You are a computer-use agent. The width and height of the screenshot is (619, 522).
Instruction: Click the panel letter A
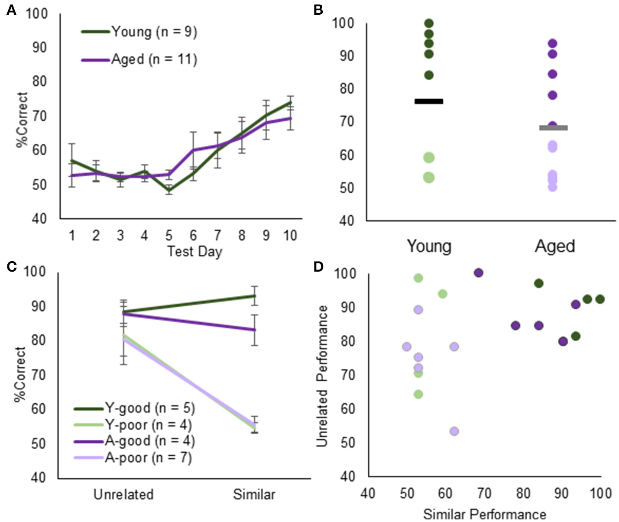(12, 10)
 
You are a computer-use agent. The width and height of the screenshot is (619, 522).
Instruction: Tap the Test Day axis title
(194, 251)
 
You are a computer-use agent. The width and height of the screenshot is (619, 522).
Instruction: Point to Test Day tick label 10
(290, 235)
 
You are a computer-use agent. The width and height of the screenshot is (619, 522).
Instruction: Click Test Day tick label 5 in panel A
(169, 235)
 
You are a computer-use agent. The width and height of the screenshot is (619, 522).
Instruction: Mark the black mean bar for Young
(429, 101)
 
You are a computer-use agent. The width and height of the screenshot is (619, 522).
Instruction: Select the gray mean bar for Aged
(553, 128)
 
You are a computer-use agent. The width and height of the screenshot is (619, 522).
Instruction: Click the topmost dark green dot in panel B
(429, 23)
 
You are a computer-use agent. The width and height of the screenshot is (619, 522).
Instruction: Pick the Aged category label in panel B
(555, 246)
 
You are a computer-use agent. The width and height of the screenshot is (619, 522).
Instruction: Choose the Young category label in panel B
(429, 246)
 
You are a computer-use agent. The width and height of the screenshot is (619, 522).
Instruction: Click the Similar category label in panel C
(254, 494)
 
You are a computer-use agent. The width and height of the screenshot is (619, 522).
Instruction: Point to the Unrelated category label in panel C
(123, 494)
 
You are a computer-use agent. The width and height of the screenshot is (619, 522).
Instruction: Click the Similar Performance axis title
(484, 515)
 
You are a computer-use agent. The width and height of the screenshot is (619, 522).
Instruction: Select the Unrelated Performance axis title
(321, 376)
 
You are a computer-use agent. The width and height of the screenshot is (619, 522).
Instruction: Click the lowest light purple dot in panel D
(454, 431)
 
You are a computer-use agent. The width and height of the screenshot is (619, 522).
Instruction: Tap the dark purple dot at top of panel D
(478, 272)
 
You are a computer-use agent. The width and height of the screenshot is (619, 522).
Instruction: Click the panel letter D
(318, 266)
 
